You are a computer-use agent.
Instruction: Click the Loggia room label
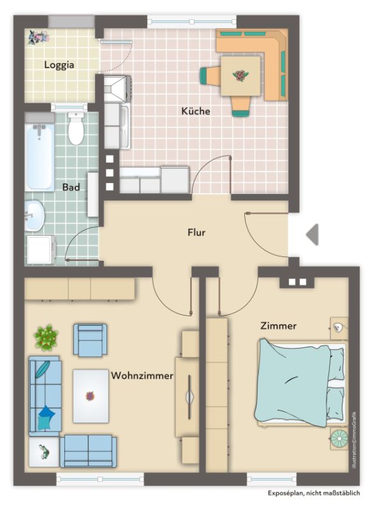coord(59,65)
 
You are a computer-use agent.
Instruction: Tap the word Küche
coord(196,111)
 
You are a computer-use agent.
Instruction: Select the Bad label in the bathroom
coord(71,187)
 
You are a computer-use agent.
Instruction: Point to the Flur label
coord(196,232)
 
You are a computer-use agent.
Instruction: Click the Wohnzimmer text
coord(142,375)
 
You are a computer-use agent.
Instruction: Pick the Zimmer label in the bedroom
coord(279,326)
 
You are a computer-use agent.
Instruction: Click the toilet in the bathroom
coord(76,128)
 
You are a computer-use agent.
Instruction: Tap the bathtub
coord(40,157)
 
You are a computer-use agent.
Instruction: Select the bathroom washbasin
coord(34,215)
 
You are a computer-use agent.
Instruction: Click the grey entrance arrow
coord(312,234)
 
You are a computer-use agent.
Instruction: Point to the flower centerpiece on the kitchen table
coord(240,76)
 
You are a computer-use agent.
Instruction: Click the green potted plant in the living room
coord(46,337)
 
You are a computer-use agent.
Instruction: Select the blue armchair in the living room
coord(90,340)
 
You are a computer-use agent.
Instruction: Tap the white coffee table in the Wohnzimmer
coord(91,396)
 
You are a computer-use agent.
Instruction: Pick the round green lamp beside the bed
coord(339,439)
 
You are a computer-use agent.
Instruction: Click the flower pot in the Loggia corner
coord(38,37)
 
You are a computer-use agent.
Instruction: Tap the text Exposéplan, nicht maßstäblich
coord(314,493)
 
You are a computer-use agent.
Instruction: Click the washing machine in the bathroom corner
coord(40,250)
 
